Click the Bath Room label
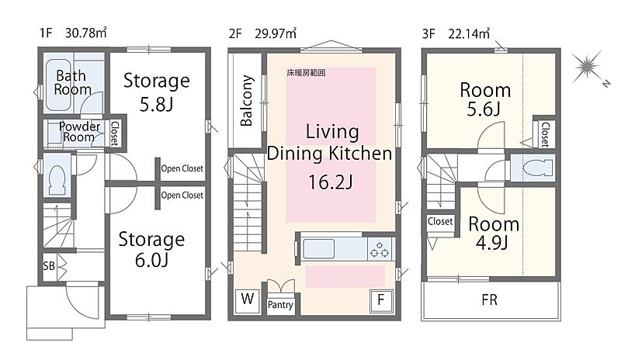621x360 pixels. [x=72, y=82]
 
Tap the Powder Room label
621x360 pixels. [x=79, y=132]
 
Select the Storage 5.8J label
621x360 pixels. [x=157, y=92]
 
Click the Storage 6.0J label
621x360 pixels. [x=151, y=250]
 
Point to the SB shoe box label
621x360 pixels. [x=49, y=266]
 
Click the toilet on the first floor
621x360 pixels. [x=57, y=179]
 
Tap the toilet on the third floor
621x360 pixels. [x=537, y=168]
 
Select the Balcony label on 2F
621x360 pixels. [x=246, y=101]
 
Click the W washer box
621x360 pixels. [x=248, y=299]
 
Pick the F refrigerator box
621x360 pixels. [x=381, y=300]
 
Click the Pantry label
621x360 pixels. [x=280, y=305]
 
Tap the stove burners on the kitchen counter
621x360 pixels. [x=379, y=249]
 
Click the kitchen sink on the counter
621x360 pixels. [x=318, y=249]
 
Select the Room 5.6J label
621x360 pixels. [x=484, y=99]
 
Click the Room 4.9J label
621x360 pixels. [x=493, y=234]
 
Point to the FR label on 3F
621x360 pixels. [x=490, y=300]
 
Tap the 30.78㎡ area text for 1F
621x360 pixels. [x=86, y=33]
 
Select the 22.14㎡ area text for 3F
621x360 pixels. [x=469, y=33]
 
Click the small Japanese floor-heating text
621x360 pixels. [x=306, y=73]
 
